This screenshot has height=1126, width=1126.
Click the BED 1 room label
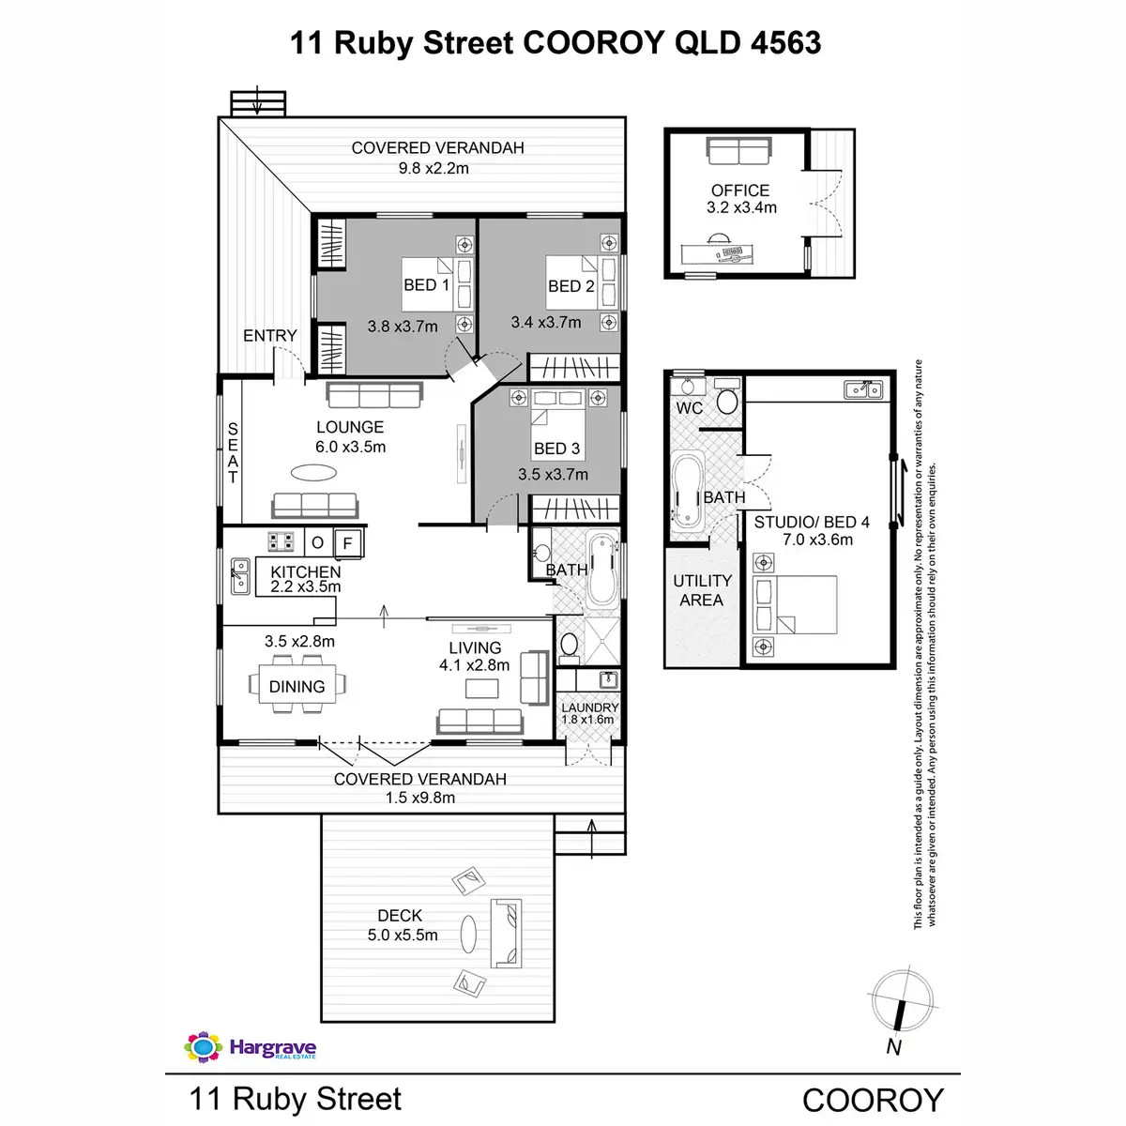(426, 285)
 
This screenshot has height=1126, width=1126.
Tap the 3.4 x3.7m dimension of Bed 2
(546, 322)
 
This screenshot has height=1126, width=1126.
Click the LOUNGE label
(350, 427)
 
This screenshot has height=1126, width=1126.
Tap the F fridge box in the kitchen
(348, 542)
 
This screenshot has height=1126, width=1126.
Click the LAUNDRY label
(590, 708)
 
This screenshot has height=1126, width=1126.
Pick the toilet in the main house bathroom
(569, 646)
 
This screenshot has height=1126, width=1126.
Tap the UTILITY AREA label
(702, 590)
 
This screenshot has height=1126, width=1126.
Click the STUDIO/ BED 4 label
(812, 522)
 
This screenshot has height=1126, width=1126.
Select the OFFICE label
(740, 190)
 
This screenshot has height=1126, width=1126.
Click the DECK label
(400, 915)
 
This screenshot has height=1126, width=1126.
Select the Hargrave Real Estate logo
(251, 1047)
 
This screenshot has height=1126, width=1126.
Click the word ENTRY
(269, 336)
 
